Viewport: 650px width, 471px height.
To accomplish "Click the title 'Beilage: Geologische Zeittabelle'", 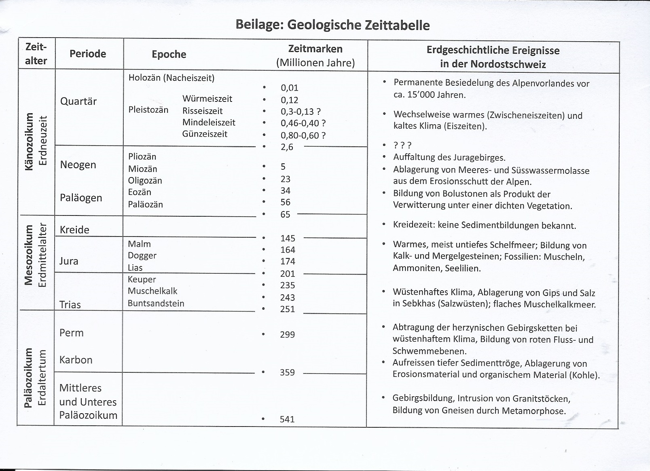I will click(332, 25).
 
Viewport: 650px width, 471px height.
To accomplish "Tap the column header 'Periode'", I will click(87, 54).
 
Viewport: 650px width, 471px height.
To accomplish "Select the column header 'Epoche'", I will click(169, 55).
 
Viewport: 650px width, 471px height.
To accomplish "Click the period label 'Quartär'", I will click(78, 101).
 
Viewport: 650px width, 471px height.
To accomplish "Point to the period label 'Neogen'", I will click(78, 165).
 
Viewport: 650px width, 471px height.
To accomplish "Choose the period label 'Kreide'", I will click(74, 230).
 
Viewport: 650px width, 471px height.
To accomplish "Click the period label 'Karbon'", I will click(76, 360).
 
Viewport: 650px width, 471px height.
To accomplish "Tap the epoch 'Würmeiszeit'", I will click(207, 99).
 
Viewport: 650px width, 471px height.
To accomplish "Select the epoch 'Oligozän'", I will click(145, 181).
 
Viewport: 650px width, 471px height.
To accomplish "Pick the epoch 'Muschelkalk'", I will click(152, 291).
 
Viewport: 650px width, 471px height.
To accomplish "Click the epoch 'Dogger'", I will click(142, 256).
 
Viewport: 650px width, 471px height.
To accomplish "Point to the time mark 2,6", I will click(287, 147).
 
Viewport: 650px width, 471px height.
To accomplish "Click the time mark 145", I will click(288, 239).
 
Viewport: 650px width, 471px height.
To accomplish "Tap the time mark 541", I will click(287, 420).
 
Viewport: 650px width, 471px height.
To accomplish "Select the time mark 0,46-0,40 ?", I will click(303, 123).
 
